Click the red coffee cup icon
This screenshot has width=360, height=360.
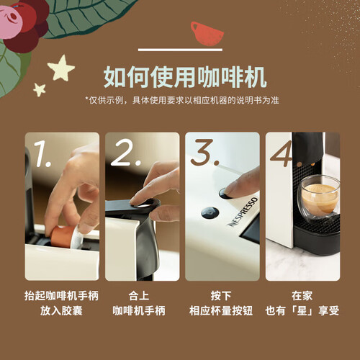[207, 34]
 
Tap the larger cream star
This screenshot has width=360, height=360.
[61, 68]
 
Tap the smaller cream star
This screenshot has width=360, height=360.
[40, 89]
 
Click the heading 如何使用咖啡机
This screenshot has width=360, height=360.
[185, 77]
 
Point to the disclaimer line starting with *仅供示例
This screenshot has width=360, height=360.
[182, 100]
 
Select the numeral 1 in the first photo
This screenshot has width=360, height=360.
[42, 153]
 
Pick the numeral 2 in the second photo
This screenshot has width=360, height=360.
[125, 153]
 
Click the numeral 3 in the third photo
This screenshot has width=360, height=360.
[205, 153]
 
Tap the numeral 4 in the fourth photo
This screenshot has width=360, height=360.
[282, 153]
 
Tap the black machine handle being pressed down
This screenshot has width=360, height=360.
[132, 206]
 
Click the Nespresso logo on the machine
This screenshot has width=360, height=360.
[243, 212]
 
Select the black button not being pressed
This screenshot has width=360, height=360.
[210, 213]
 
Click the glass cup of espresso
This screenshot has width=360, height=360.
[318, 196]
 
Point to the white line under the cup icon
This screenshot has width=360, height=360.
[180, 50]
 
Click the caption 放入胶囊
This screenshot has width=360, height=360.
[61, 310]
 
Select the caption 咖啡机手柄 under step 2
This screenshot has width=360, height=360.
[139, 310]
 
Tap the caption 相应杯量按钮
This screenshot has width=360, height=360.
[221, 310]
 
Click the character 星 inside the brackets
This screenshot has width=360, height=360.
[302, 310]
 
